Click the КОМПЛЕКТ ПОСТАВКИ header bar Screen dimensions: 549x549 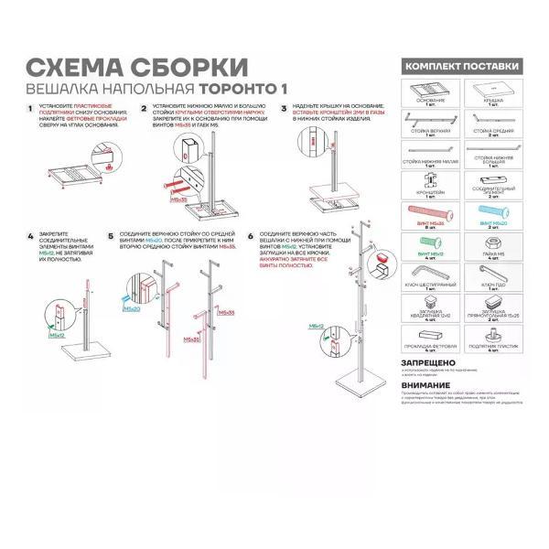(x=465, y=67)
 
